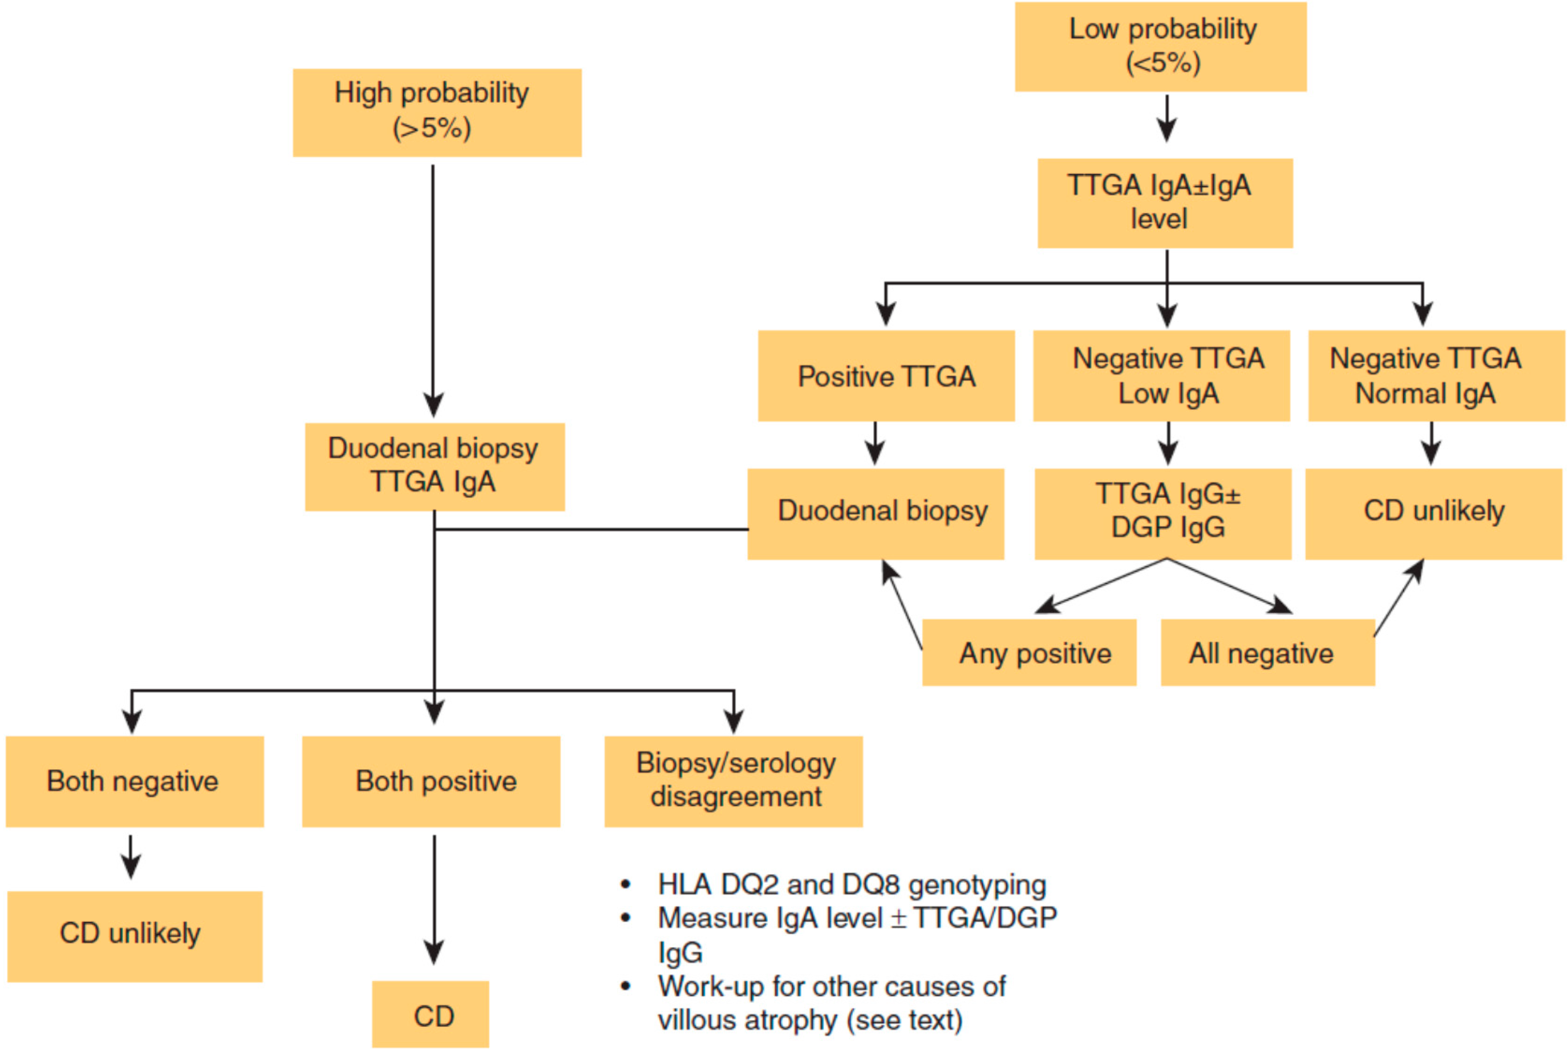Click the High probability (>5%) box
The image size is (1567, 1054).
pyautogui.click(x=437, y=112)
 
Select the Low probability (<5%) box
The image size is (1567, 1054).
pyautogui.click(x=1161, y=46)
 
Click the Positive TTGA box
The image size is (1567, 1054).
pyautogui.click(x=886, y=376)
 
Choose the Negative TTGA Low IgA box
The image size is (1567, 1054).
pyautogui.click(x=1161, y=376)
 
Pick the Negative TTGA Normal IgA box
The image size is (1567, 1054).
pyautogui.click(x=1436, y=376)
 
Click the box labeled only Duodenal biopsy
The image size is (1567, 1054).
pyautogui.click(x=875, y=513)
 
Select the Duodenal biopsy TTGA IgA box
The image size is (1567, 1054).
pyautogui.click(x=434, y=467)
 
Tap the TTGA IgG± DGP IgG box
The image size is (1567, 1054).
pyautogui.click(x=1162, y=513)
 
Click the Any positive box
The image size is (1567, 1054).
pyautogui.click(x=1029, y=652)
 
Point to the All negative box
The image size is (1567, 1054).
pyautogui.click(x=1267, y=652)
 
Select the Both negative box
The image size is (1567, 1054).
pyautogui.click(x=134, y=781)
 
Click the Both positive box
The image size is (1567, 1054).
pyautogui.click(x=431, y=781)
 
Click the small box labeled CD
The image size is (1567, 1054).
pyautogui.click(x=430, y=1014)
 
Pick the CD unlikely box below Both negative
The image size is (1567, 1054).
pyautogui.click(x=134, y=936)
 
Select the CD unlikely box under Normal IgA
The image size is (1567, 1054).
pyautogui.click(x=1433, y=513)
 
